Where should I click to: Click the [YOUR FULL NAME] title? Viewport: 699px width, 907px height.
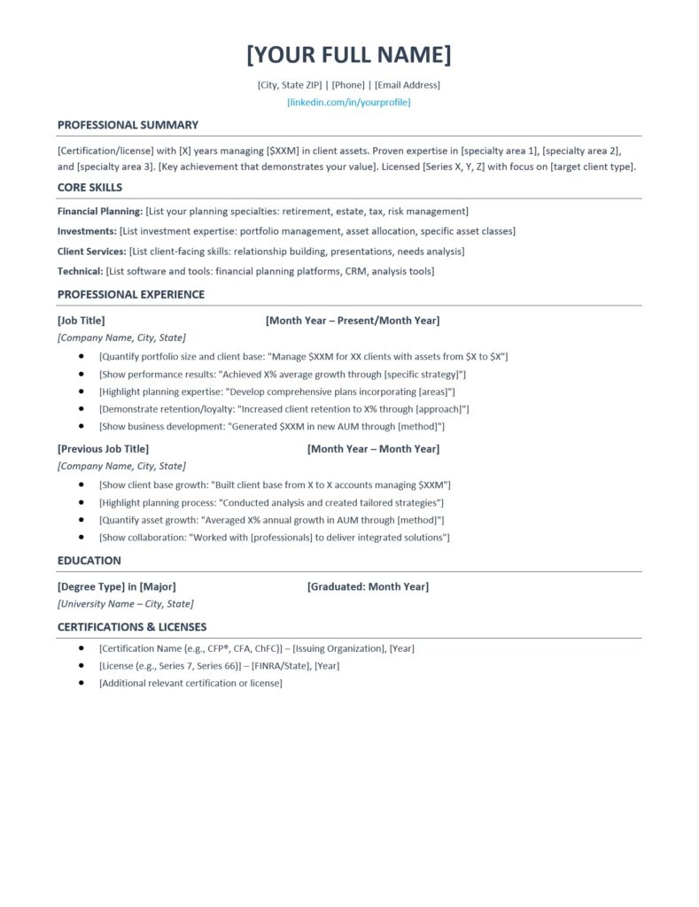point(348,55)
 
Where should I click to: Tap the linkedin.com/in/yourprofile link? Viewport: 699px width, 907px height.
point(348,103)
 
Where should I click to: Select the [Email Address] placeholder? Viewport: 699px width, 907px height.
point(407,85)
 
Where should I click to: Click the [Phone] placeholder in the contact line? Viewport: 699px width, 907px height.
point(348,85)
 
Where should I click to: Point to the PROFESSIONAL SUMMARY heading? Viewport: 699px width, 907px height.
point(128,125)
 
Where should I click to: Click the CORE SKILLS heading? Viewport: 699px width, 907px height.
point(89,188)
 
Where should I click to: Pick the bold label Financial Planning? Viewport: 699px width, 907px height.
point(100,212)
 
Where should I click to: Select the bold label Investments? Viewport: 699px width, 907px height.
point(87,231)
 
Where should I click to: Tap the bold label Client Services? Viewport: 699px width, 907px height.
point(92,252)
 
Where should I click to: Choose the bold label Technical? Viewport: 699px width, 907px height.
point(81,271)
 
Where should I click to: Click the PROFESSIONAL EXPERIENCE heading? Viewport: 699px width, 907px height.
point(131,295)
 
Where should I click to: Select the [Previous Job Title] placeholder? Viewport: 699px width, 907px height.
point(103,449)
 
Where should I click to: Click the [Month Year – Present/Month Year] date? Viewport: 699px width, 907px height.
point(352,321)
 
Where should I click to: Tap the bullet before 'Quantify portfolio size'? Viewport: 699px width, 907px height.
point(82,356)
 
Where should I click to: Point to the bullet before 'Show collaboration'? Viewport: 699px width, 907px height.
point(82,537)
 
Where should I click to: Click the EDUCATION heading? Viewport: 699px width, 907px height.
point(89,561)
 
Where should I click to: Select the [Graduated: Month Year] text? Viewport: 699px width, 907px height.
point(368,586)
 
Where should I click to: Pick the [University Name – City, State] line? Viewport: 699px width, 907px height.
point(125,604)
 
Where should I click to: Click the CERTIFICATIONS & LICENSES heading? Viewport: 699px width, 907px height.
point(132,627)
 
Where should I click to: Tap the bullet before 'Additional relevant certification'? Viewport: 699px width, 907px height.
point(82,683)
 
